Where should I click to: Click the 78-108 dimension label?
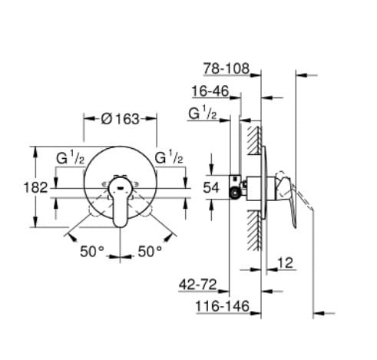tap(227, 68)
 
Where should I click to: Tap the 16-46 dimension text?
tap(210, 91)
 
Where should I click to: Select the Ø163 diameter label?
tap(121, 119)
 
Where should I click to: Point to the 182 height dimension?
tap(35, 187)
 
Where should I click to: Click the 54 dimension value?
tap(211, 187)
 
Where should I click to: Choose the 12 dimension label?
tap(285, 263)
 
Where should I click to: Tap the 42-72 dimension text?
tap(197, 285)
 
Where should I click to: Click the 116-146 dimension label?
tap(222, 306)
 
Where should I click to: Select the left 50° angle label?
tap(92, 251)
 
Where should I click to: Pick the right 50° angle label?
tap(150, 251)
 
